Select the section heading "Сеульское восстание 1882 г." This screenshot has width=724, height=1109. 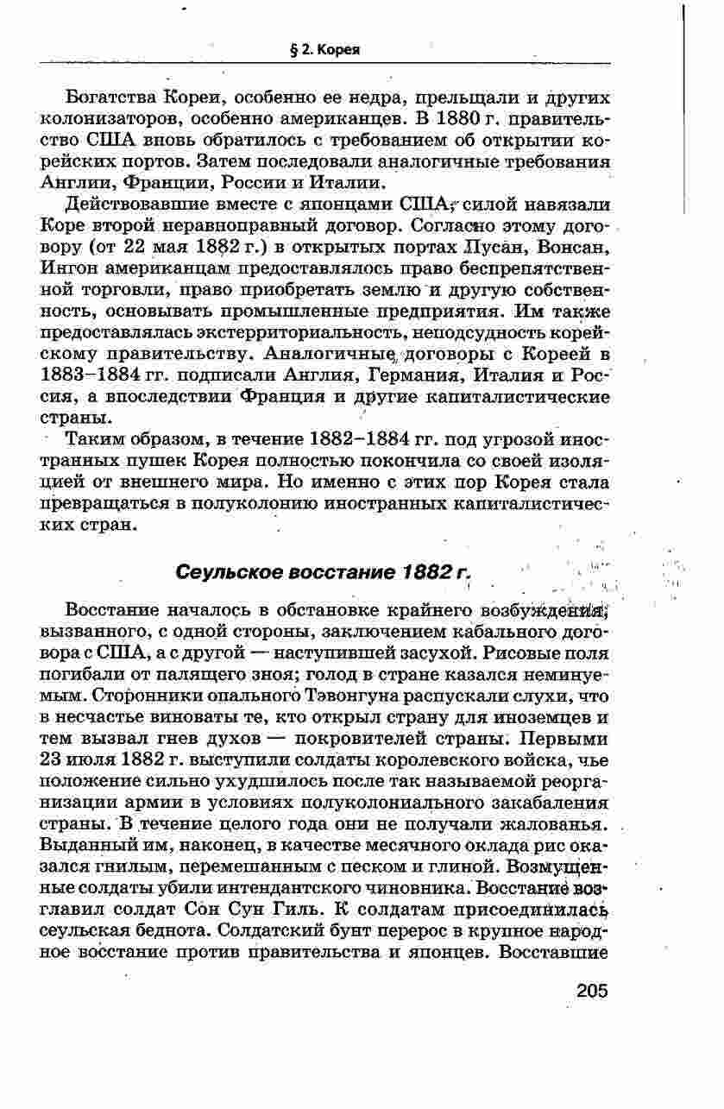(324, 572)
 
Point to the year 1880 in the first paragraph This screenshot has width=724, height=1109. (441, 117)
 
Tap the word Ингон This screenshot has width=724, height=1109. (68, 268)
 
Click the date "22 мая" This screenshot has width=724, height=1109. (153, 247)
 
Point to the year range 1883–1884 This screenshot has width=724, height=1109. (91, 376)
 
